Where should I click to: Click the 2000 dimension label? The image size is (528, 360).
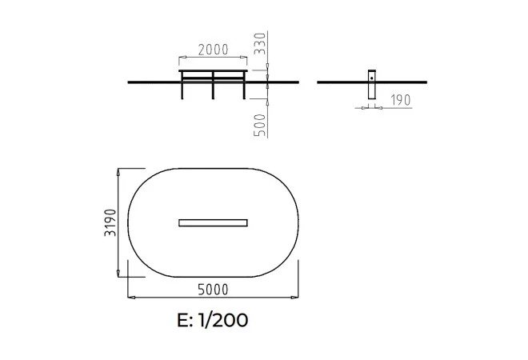point(213,50)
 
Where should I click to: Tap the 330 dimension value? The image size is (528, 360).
point(260,43)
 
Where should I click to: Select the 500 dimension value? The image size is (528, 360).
point(260,126)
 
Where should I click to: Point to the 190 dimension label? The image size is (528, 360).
point(401,100)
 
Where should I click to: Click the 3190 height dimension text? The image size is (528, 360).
point(110,222)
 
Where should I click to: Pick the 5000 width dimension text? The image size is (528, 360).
point(213,290)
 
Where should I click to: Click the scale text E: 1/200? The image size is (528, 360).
point(213,320)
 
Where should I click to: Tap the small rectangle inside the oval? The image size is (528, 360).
point(213,223)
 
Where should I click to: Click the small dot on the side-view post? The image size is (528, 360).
point(372,78)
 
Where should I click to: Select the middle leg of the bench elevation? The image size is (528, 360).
point(213,85)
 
